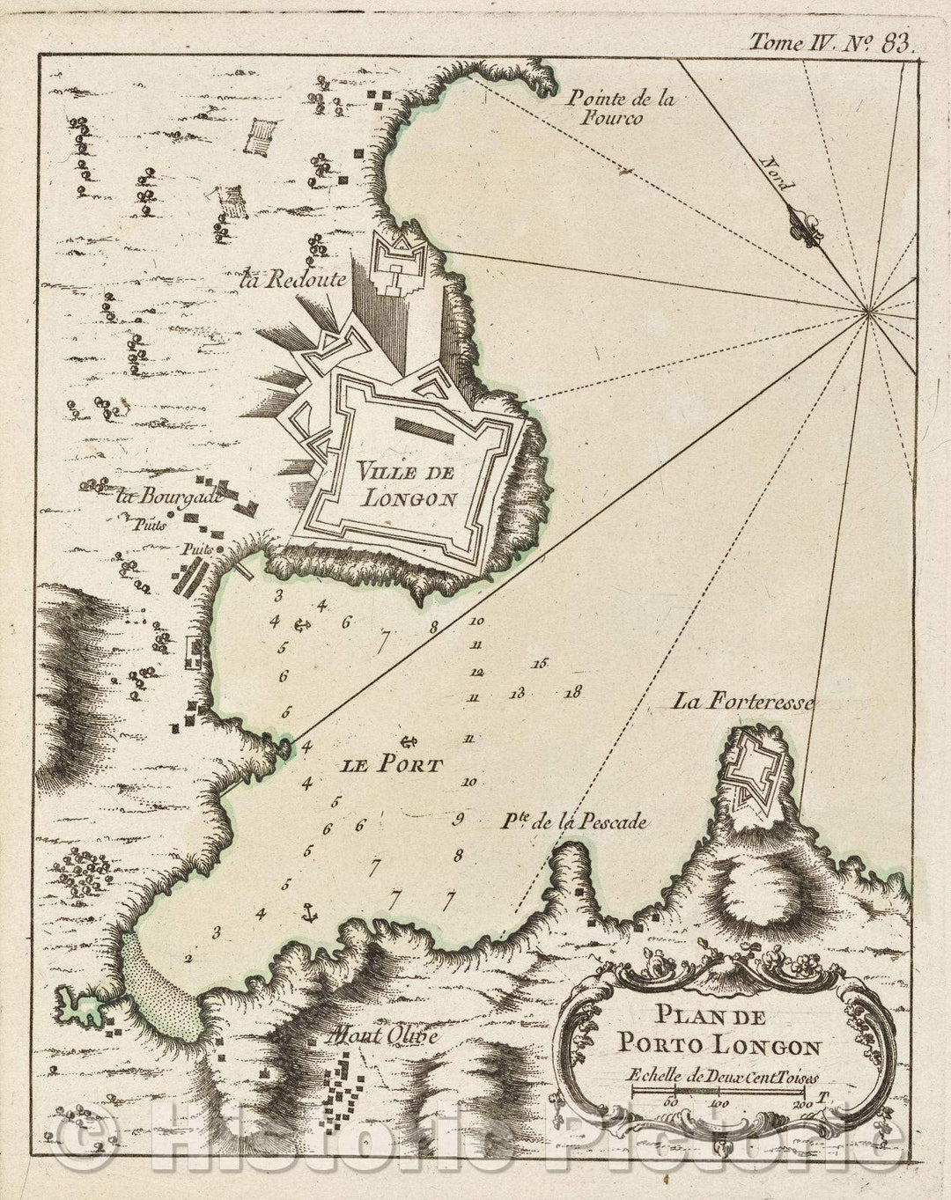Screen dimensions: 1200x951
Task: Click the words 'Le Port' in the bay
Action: point(390,765)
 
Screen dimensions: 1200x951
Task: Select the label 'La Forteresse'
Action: point(745,702)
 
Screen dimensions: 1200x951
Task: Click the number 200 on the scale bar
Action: point(801,1102)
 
